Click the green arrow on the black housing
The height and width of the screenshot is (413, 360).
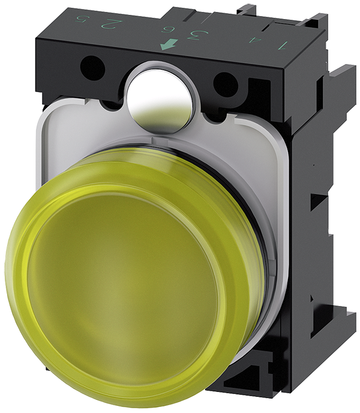168,45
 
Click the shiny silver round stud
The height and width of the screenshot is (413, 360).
159,97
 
